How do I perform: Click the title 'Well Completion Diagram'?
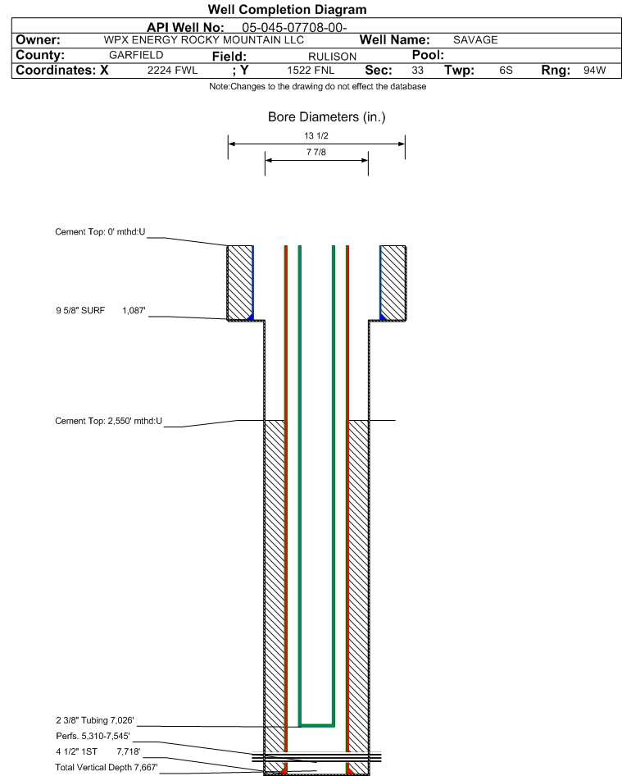coord(288,9)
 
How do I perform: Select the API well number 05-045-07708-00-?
coord(294,28)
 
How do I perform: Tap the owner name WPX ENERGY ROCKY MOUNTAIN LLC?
coord(204,40)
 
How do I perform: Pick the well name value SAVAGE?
coord(475,40)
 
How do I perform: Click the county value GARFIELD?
coord(136,55)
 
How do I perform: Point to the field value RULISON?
coord(332,57)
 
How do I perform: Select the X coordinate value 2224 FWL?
coord(172,71)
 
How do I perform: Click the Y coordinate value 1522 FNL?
coord(311,71)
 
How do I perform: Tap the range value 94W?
coord(594,71)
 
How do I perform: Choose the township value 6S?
coord(506,71)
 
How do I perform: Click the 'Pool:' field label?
coord(428,55)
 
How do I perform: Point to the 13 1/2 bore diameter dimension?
coord(316,135)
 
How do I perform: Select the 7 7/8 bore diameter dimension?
coord(316,152)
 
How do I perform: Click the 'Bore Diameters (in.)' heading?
coord(326,116)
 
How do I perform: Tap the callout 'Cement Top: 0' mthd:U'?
coord(100,231)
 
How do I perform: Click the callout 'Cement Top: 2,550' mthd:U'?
coord(109,421)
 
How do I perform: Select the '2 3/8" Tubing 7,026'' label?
coord(95,720)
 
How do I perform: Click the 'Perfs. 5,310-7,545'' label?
coord(93,736)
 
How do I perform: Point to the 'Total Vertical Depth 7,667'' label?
coord(107,767)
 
